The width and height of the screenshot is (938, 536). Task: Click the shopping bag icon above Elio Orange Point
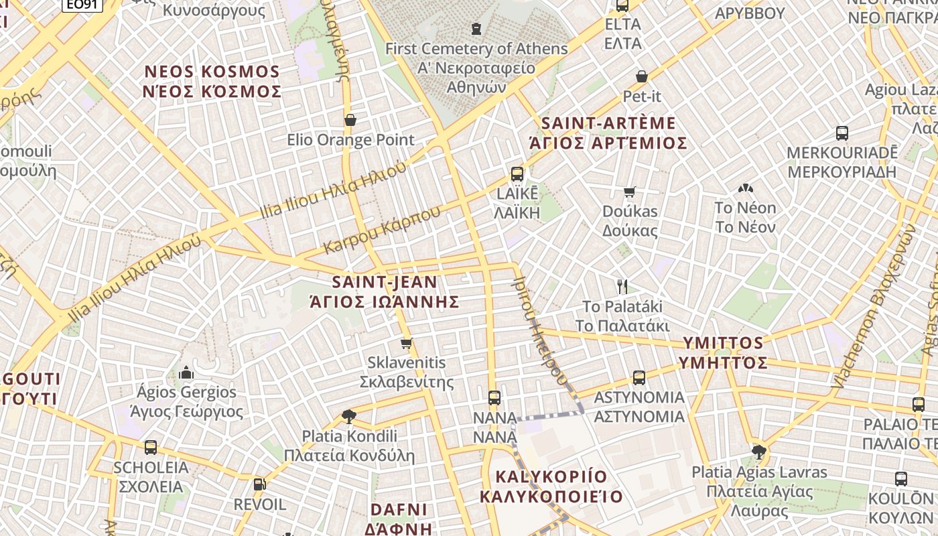pos(350,120)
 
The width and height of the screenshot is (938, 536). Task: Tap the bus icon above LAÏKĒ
pos(517,174)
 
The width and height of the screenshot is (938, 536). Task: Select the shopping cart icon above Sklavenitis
pos(406,344)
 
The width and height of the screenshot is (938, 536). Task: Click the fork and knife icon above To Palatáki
pos(622,287)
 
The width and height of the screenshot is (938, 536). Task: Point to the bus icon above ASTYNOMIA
pos(639,378)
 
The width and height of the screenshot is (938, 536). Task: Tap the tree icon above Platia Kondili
pos(348,417)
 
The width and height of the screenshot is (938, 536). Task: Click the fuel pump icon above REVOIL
pos(259,484)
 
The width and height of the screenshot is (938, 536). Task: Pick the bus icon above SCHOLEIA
pos(151,448)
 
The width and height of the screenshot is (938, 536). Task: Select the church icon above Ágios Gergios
pos(186,373)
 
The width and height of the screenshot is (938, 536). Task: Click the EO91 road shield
pos(82,5)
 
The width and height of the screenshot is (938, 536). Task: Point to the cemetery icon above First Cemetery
pos(476,29)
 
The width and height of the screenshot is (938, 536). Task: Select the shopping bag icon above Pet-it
pos(641,76)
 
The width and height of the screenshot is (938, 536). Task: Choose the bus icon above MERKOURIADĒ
pos(842,133)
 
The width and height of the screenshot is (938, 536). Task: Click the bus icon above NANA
pos(494,398)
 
